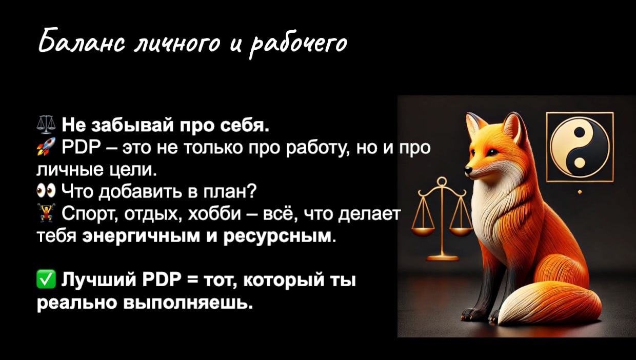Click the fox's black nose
467,170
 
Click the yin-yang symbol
580,147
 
